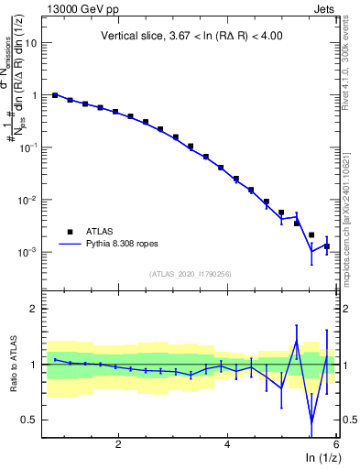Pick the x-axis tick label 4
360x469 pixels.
227,445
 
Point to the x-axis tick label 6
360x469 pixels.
335,445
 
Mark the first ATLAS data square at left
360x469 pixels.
55,95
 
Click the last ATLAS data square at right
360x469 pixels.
327,246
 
